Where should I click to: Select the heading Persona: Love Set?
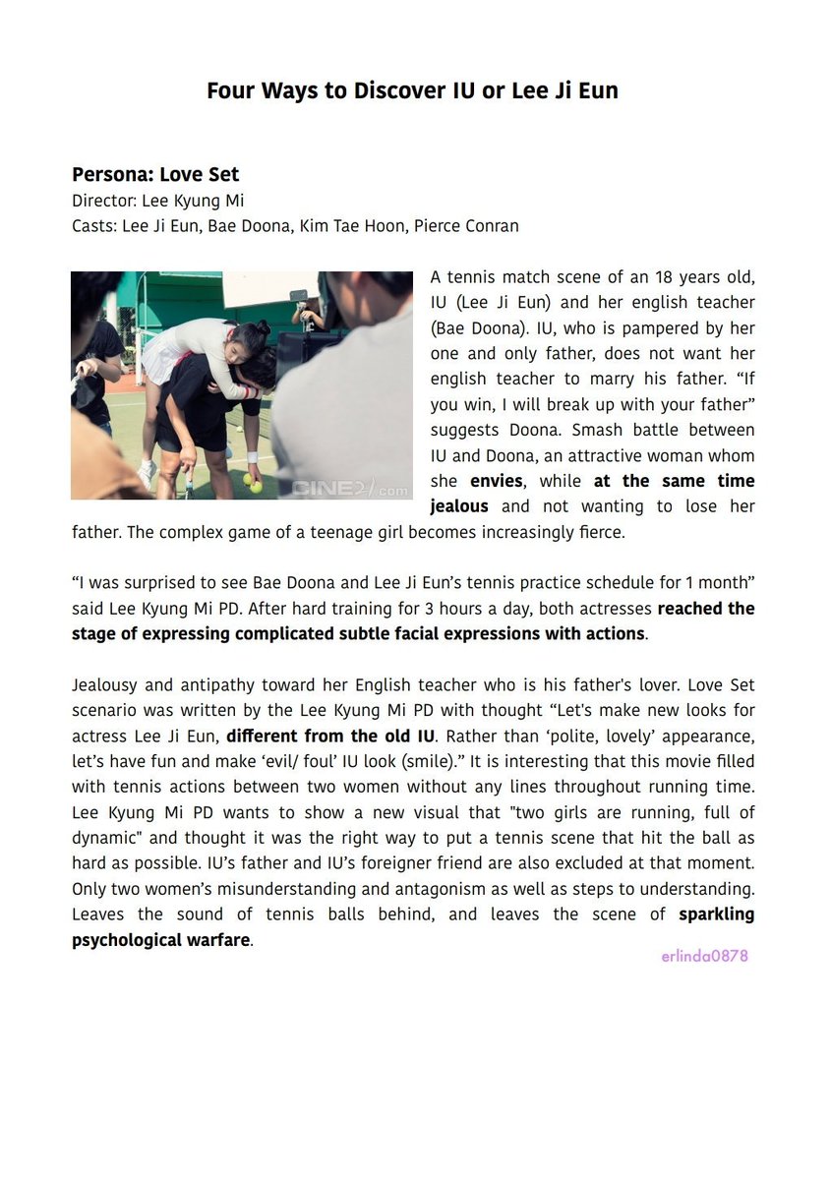[155, 175]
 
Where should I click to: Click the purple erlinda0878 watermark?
[704, 955]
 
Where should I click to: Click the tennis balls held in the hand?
[252, 483]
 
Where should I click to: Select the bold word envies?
[498, 481]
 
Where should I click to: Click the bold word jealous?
[459, 506]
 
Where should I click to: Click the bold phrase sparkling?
[717, 914]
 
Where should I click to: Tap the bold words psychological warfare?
[160, 939]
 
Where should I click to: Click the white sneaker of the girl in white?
[147, 473]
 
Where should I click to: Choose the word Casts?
[93, 226]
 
